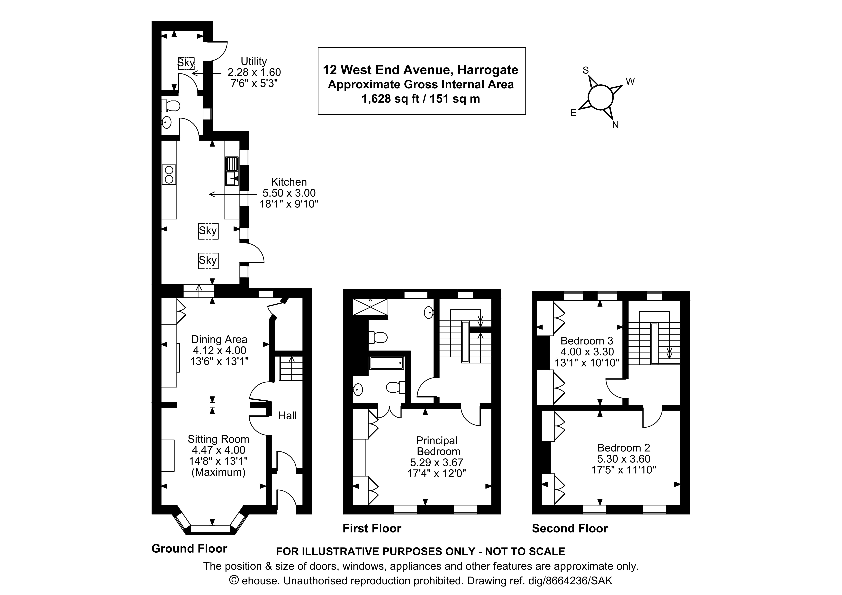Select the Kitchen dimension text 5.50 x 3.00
tap(289, 193)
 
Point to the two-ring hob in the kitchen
tap(169, 174)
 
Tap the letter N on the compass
tap(615, 125)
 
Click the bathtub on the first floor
tap(387, 363)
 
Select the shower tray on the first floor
tap(370, 307)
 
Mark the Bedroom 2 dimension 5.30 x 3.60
tap(623, 459)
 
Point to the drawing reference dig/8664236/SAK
tap(570, 581)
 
